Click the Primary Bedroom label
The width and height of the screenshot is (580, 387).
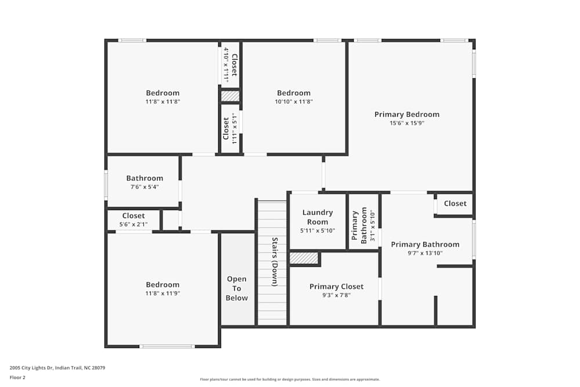tap(407, 114)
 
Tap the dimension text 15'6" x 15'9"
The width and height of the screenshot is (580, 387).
tap(407, 123)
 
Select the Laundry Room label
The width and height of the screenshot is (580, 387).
tap(317, 217)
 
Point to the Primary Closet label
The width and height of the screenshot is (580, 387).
tap(336, 287)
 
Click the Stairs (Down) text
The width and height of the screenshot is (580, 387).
tap(275, 261)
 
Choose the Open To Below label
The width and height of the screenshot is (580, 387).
tap(237, 288)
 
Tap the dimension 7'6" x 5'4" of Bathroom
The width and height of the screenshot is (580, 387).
tap(144, 187)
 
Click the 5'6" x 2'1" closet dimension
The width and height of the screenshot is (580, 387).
tap(133, 224)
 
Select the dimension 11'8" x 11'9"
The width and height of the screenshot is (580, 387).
tap(162, 293)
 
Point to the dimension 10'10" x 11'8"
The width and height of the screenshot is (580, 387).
tap(293, 102)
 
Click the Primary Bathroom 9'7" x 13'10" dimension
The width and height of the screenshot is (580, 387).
tap(425, 253)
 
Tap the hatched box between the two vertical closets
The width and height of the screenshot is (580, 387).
tap(230, 96)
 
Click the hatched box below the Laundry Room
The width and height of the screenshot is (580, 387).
tap(304, 258)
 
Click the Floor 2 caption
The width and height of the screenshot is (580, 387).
tap(17, 377)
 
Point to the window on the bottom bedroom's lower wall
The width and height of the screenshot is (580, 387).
tap(167, 346)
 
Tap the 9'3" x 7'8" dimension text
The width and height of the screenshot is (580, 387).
tap(336, 295)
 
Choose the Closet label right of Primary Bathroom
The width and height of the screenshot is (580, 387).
tap(455, 204)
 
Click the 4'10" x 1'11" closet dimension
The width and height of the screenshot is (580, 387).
tap(226, 65)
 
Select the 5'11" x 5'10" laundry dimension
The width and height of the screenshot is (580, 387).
tap(317, 230)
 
